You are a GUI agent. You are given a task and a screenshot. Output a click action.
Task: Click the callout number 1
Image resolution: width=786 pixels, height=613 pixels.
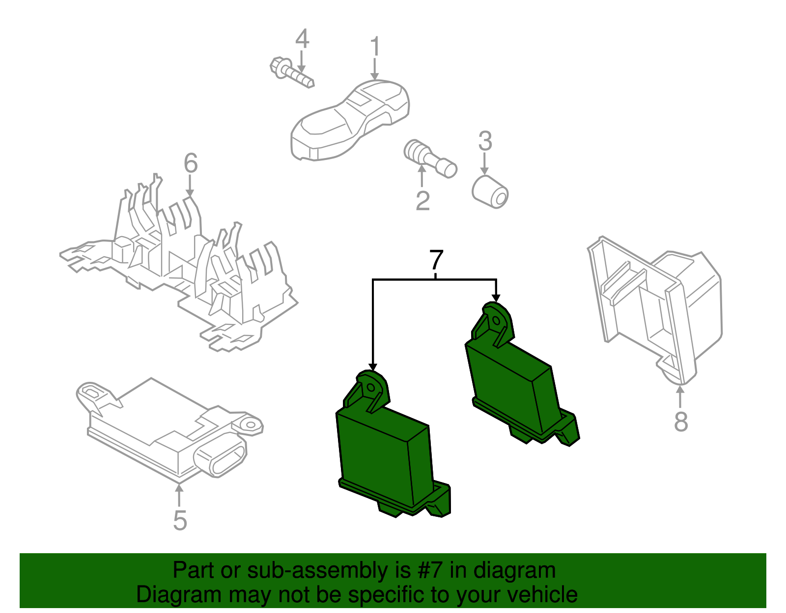375,46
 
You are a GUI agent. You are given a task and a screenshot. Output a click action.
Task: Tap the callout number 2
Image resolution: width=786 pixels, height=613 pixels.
422,200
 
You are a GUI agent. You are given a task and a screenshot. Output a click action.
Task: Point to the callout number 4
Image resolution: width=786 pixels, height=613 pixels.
303,38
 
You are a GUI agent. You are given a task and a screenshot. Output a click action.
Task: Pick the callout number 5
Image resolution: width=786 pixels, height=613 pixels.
180,521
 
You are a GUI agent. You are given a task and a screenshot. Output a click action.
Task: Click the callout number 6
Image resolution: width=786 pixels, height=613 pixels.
191,163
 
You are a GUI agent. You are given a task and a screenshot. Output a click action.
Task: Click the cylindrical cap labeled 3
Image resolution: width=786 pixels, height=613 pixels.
490,192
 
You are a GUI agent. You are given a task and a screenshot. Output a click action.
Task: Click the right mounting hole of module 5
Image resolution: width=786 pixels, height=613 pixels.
251,425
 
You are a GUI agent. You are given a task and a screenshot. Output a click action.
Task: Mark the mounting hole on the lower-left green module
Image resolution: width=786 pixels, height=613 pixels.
371,388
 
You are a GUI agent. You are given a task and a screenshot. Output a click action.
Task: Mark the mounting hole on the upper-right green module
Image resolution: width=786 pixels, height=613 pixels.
496,321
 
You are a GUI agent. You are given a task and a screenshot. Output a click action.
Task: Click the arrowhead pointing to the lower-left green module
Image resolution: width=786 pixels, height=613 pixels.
373,367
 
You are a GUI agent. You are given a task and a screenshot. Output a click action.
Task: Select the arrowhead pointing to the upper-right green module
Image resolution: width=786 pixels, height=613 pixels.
496,298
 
